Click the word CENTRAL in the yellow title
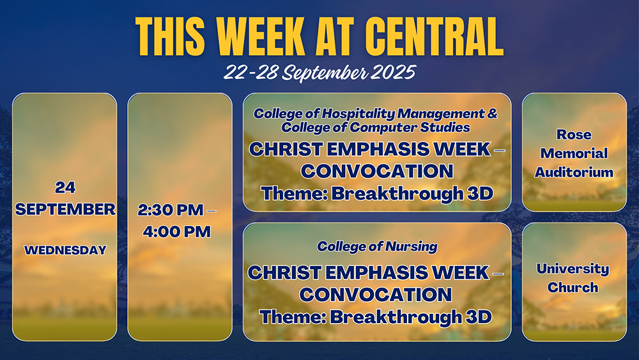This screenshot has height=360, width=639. click(435, 36)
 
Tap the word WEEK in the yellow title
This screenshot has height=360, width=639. click(261, 36)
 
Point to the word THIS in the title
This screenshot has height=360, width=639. click(170, 36)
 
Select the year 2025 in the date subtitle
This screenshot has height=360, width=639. click(394, 72)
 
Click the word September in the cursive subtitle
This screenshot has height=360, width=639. click(325, 74)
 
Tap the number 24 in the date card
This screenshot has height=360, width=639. click(65, 187)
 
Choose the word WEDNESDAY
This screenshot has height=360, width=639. click(65, 250)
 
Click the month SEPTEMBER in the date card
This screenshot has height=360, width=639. click(65, 209)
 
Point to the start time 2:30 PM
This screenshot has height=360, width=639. click(171, 210)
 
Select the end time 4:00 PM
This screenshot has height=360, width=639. click(177, 231)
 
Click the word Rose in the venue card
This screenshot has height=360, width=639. click(574, 134)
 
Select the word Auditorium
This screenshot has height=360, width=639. click(574, 172)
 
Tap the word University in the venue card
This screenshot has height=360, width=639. click(573, 269)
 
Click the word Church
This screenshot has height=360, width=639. click(573, 288)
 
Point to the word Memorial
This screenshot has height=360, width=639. click(574, 153)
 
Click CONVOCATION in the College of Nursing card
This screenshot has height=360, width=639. click(375, 295)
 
